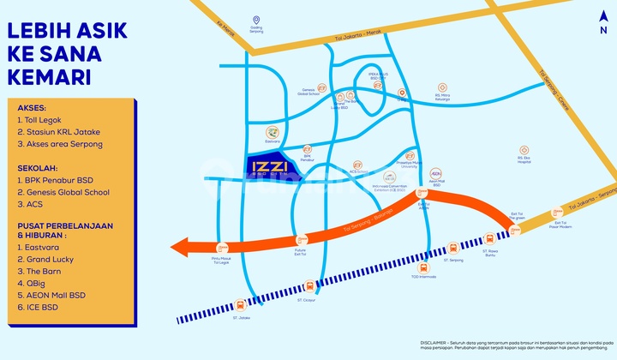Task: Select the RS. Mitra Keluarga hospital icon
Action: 442,87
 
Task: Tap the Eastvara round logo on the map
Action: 271,133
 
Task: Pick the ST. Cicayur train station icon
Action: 309,285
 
